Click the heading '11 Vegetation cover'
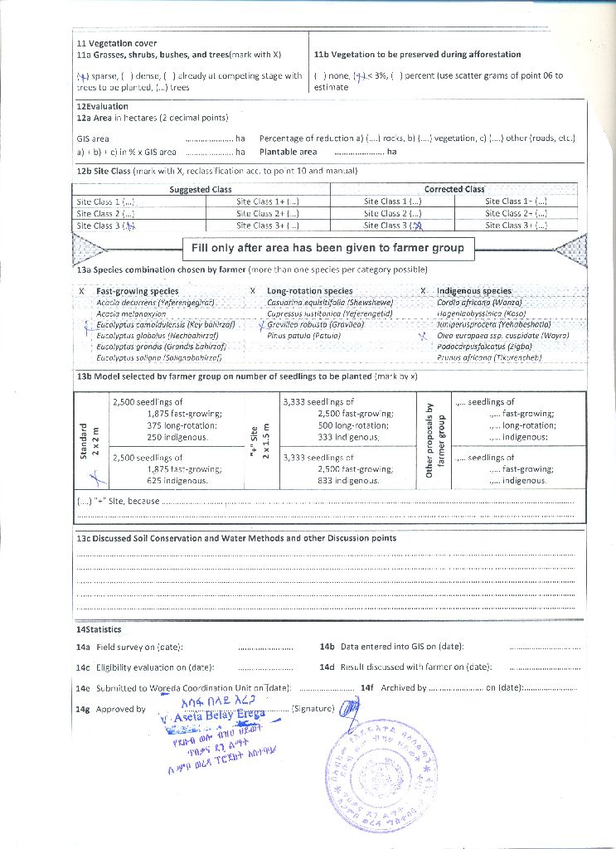coord(117,43)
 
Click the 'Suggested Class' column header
coord(201,189)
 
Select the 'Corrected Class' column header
coord(454,189)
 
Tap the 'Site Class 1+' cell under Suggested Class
coord(267,201)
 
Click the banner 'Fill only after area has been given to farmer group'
coord(327,248)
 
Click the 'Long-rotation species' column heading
coord(309,291)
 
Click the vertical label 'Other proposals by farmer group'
coord(435,439)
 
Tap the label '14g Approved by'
coord(111,709)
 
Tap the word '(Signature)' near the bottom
coord(314,709)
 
